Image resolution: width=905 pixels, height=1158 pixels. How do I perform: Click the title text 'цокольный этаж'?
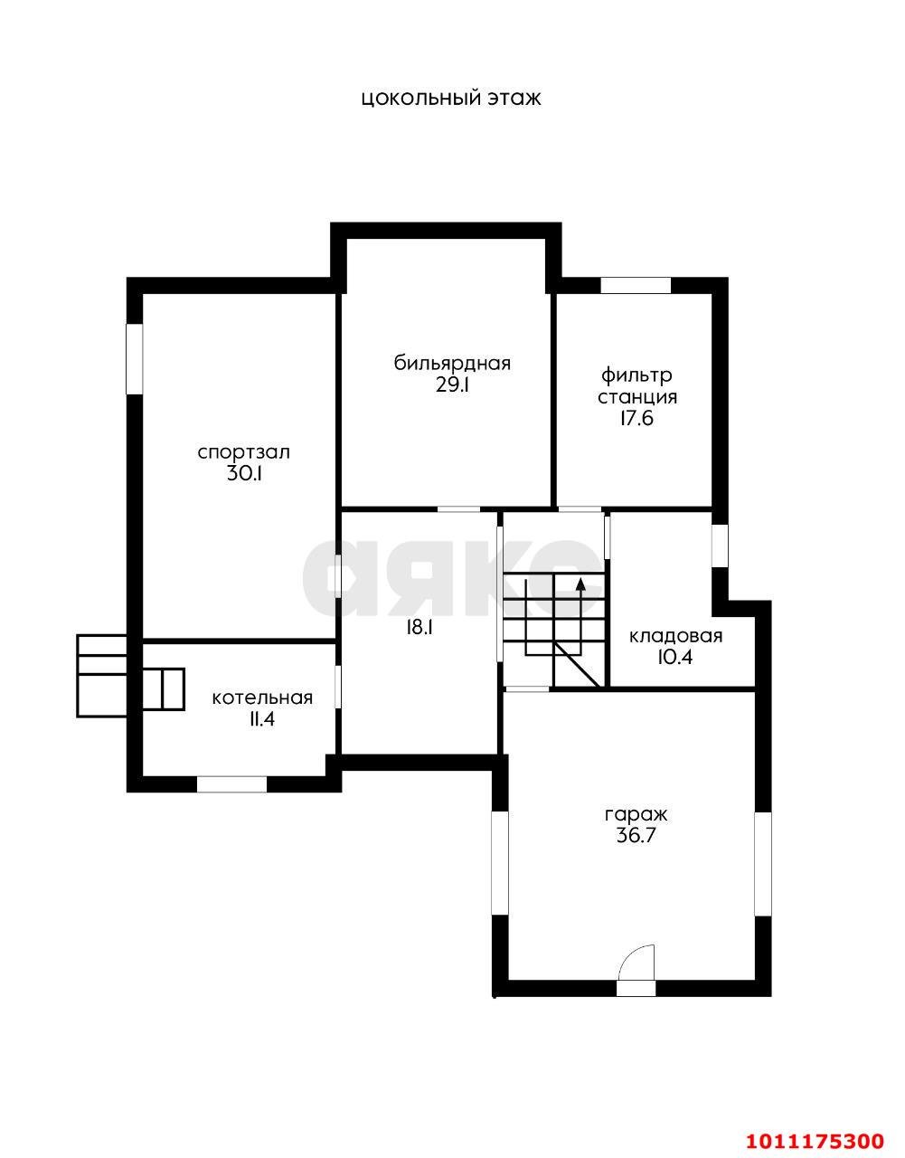pos(451,100)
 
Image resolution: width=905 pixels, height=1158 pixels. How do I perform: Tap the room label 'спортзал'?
pos(244,453)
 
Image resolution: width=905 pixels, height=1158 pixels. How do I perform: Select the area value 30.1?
pos(244,474)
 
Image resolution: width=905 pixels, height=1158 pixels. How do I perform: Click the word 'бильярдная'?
pos(452,364)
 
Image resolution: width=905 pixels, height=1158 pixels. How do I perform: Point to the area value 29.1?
pos(452,384)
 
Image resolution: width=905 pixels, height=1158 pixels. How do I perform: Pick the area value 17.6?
pos(636,418)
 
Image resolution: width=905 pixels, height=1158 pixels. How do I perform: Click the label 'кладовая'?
pos(676,636)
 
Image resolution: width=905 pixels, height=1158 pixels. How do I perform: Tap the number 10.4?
pos(676,658)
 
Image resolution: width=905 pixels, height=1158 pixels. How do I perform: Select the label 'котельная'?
pos(262,698)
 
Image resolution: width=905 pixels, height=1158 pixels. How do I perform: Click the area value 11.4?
pos(262,719)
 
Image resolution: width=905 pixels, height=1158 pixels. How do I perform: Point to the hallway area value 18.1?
pos(420,628)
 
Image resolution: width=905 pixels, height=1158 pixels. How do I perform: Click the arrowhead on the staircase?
pos(580,584)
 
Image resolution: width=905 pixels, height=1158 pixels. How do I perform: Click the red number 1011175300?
pos(815,1137)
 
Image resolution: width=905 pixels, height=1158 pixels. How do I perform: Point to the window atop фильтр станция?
pos(636,285)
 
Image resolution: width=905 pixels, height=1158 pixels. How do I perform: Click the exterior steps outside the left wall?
pos(101,676)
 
